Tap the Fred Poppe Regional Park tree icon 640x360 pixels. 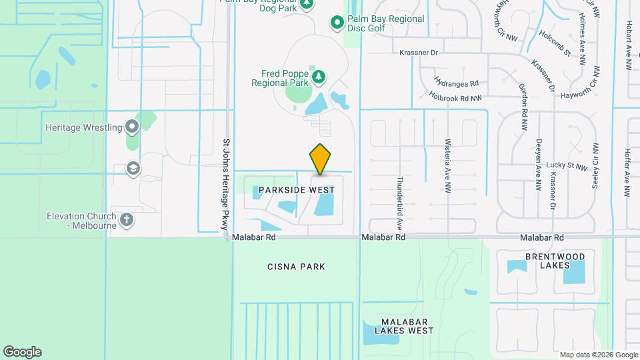point(319,77)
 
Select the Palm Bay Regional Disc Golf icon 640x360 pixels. point(337,23)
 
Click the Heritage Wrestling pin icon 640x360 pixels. point(132,127)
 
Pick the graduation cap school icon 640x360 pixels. point(133,168)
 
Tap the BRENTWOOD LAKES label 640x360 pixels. point(555,261)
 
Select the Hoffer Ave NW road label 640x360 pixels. point(627,172)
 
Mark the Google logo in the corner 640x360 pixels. point(22,351)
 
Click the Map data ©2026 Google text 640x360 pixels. point(599,355)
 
